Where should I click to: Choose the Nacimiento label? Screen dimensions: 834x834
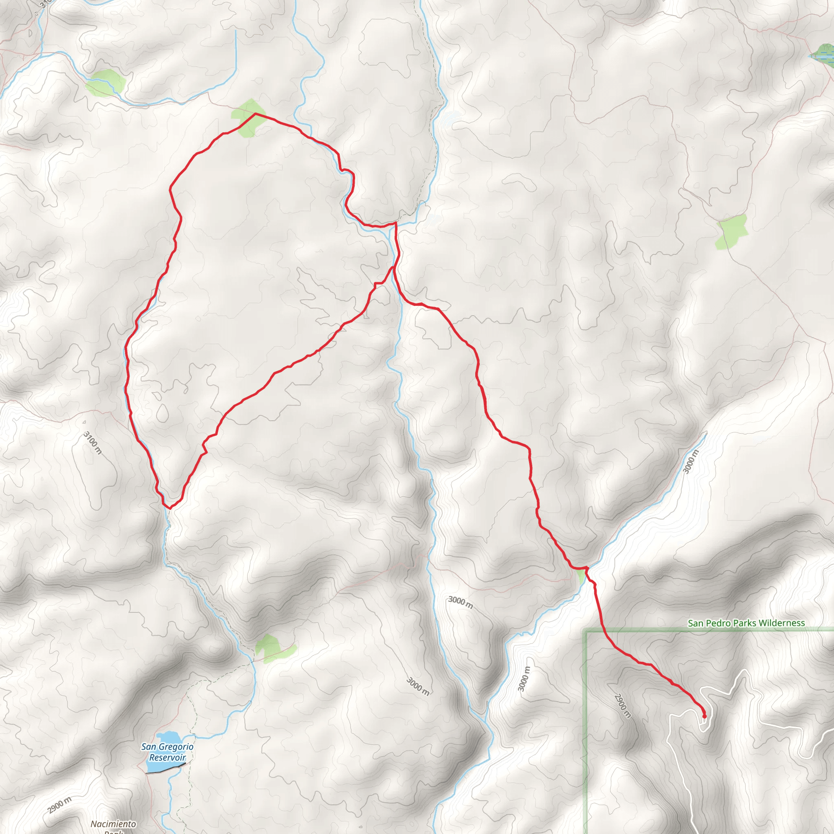tap(113, 824)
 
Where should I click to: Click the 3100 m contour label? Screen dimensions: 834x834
tap(93, 443)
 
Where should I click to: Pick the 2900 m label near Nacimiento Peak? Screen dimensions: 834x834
tap(60, 805)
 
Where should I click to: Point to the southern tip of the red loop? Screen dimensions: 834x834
tap(169, 508)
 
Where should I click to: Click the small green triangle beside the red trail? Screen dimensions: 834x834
tap(581, 576)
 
